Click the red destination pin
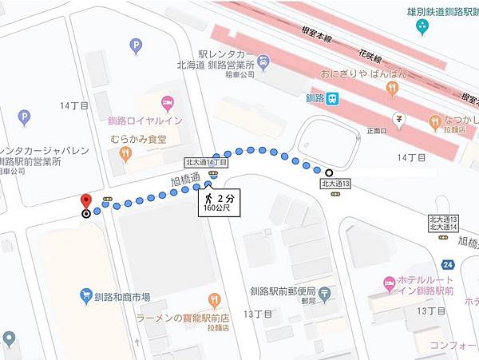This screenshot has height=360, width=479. point(86,200)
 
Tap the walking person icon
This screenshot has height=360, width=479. point(208,197)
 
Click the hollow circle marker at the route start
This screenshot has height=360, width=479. point(328,172)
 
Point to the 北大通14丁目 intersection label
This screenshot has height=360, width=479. point(206,162)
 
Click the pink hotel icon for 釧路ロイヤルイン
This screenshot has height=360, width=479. point(168,102)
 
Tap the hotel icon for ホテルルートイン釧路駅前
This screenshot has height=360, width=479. point(389,283)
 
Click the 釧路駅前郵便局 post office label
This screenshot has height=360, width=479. point(283,291)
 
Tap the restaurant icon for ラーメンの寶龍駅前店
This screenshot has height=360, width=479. point(213,300)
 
